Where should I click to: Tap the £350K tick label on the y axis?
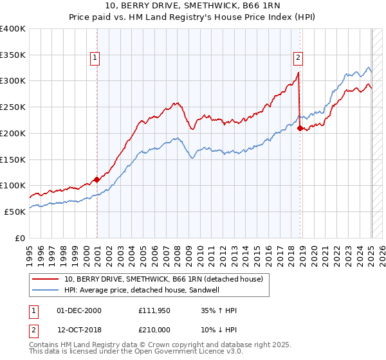coord(13,55)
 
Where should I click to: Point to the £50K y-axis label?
coord(15,212)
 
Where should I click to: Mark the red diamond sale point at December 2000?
coord(97,179)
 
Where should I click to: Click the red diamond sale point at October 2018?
coord(300,128)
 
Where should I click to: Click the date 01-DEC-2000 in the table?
coord(79,310)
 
